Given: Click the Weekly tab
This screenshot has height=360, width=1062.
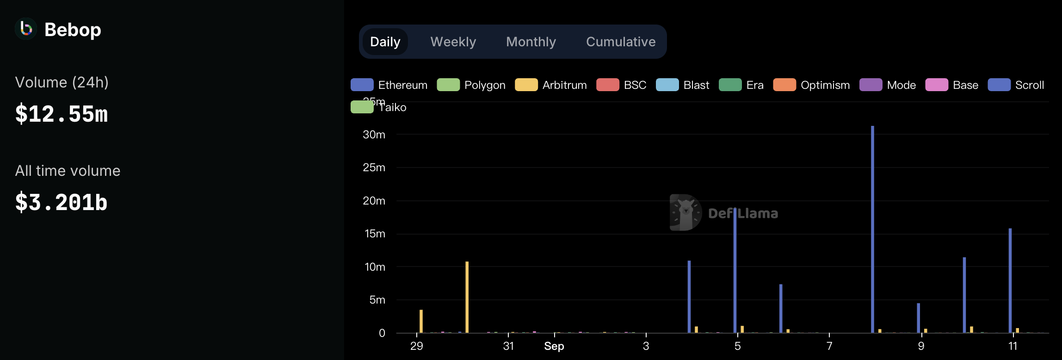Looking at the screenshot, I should coord(453,42).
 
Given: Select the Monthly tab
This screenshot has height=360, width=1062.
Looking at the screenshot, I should coord(531,42).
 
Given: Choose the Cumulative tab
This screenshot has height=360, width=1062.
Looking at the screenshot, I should coord(620,42).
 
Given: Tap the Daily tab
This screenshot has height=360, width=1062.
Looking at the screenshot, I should coord(385,42).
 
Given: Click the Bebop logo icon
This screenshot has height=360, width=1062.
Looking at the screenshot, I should coord(26,29).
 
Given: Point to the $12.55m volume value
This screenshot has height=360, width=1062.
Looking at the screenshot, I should coord(62,114).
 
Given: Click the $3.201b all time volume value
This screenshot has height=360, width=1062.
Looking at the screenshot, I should coord(62,202).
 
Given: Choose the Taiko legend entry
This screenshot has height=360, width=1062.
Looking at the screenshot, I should coord(379,107).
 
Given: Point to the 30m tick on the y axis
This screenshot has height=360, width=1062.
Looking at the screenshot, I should coord(374,135).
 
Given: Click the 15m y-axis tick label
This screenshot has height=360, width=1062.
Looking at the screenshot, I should coord(375,234).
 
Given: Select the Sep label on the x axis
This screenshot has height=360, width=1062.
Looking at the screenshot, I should coord(554,346).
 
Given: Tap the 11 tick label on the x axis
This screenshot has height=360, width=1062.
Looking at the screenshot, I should coord(1013,346).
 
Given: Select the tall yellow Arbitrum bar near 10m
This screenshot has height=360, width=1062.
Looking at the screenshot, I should coord(467,296).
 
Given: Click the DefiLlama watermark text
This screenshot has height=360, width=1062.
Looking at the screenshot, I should coord(743,213).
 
